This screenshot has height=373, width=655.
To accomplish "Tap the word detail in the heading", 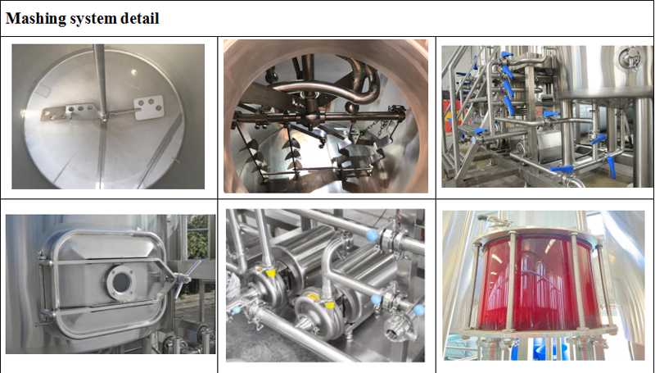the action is pyautogui.click(x=139, y=18).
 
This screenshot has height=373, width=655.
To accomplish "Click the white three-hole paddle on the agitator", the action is pyautogui.click(x=149, y=107).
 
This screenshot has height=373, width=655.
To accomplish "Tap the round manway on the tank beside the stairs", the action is pyautogui.click(x=630, y=57).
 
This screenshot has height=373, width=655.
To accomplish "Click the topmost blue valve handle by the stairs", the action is pyautogui.click(x=506, y=55).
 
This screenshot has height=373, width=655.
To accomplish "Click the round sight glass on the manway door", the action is pyautogui.click(x=120, y=282).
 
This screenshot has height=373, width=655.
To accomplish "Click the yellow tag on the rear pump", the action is pyautogui.click(x=271, y=273).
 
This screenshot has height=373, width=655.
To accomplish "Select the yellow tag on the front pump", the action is pyautogui.click(x=330, y=304).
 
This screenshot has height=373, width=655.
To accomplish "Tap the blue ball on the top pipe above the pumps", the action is pyautogui.click(x=372, y=235).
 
